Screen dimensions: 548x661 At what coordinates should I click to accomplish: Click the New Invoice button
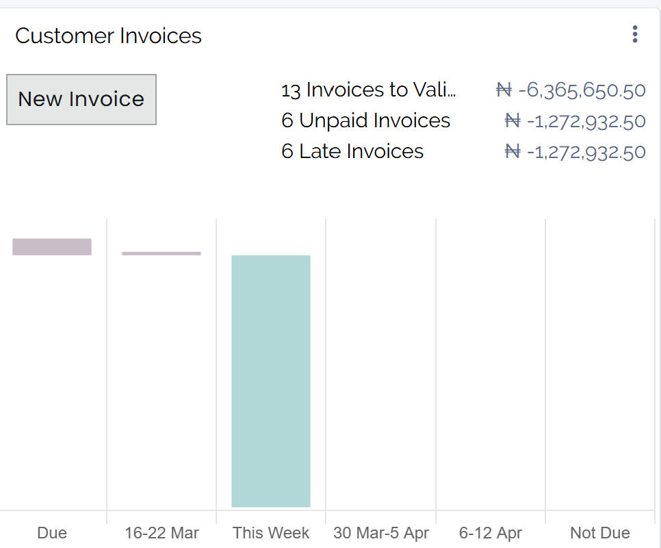click(81, 99)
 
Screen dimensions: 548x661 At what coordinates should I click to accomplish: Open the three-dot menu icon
click(635, 34)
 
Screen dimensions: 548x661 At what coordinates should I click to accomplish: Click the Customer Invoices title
click(108, 36)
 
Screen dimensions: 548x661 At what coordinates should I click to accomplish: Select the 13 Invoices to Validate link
click(368, 90)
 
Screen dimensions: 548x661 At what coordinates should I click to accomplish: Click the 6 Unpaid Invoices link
click(365, 120)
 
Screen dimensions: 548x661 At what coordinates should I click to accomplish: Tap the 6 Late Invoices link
click(352, 151)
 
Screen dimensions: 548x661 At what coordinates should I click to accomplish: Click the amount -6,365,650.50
click(582, 90)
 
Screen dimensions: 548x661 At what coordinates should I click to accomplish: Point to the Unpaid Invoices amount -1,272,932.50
click(586, 121)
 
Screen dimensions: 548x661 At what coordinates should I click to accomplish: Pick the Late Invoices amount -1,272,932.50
click(586, 151)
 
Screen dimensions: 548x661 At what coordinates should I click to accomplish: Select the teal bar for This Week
click(271, 381)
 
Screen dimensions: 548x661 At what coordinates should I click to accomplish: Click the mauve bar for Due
click(52, 247)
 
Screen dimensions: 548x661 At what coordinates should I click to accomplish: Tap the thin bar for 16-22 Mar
click(161, 254)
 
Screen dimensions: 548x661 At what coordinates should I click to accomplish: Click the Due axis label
click(52, 533)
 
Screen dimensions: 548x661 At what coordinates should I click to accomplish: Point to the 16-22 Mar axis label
click(161, 533)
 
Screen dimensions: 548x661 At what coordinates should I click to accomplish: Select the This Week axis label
click(271, 533)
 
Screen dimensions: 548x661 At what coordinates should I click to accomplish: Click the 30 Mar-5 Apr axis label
click(381, 533)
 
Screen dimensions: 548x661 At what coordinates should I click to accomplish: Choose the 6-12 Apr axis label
click(491, 533)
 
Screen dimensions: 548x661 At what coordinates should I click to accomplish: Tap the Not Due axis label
click(600, 533)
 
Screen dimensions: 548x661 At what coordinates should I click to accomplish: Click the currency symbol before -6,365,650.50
click(504, 90)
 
